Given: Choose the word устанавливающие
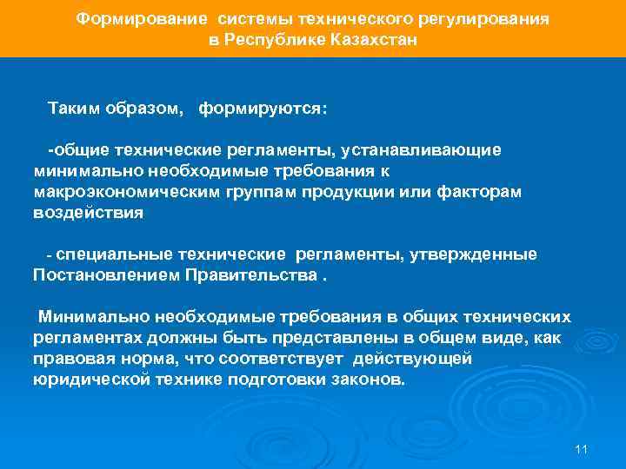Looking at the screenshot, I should coord(431,150).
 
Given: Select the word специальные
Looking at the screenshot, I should coord(119,254).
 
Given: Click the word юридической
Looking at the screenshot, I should coord(91,380).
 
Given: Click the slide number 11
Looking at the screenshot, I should coord(583,449).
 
